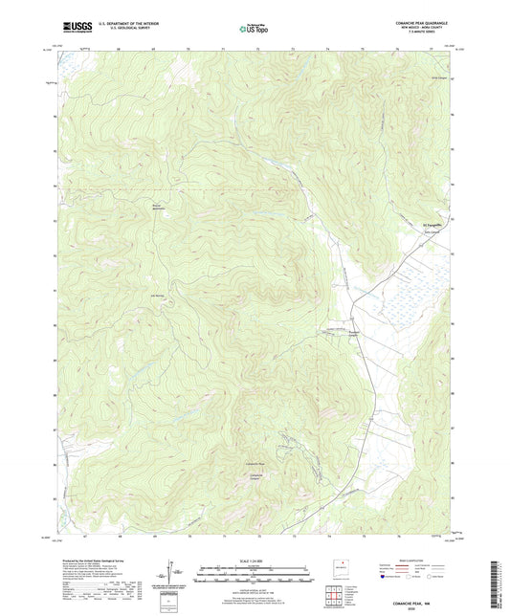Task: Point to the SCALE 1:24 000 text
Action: tap(254, 561)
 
